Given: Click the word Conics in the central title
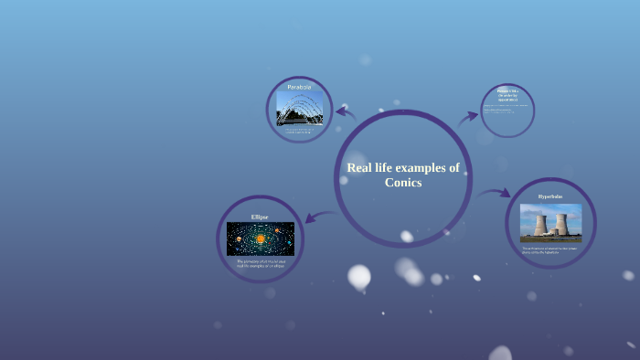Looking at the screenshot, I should coord(403,183).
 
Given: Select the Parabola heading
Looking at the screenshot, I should coord(299,87).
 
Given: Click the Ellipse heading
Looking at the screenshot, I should coord(261,217).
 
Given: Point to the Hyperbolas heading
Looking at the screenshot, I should coord(550,196).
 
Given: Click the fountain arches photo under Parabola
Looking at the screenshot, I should coord(299,108).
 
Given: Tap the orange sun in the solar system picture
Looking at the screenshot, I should coord(261,239).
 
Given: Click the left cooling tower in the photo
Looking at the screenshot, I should coord(539,224).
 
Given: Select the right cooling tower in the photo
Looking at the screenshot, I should coord(561,224).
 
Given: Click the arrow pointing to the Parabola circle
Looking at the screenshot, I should coord(345,112).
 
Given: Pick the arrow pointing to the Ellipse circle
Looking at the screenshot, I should coord(318,217).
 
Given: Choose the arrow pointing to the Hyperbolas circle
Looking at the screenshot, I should coord(495,193).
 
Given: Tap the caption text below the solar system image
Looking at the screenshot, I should coord(261,263).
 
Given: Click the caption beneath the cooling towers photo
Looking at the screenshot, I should coord(550,249).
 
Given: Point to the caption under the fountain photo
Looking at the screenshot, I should coord(299,132).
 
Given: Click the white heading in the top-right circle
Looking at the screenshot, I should coord(507,93).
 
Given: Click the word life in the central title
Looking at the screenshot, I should coord(387,167).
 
